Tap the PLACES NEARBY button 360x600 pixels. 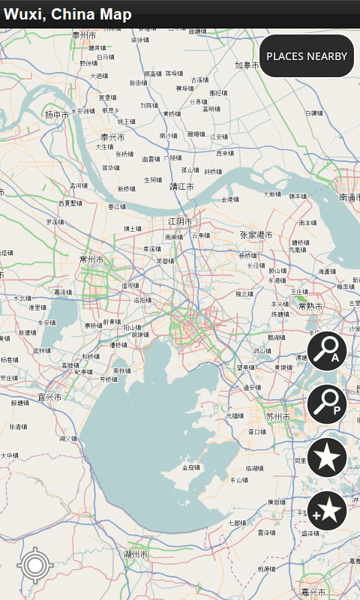tap(307, 56)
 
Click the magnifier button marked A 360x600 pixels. tap(327, 350)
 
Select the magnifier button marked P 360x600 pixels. tap(327, 403)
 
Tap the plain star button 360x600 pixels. tap(327, 457)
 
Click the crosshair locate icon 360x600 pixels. tap(33, 565)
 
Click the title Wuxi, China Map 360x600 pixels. tap(67, 14)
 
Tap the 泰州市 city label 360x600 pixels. tap(84, 35)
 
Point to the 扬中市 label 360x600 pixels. tap(56, 115)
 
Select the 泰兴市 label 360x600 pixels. tap(112, 137)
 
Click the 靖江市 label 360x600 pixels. tap(181, 186)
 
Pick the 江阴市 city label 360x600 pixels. tap(180, 222)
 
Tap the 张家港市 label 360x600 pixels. tap(256, 235)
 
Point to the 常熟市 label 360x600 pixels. tap(310, 307)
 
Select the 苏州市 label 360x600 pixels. tap(278, 417)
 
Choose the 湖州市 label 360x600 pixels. tap(136, 553)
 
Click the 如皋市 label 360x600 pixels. tap(247, 65)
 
